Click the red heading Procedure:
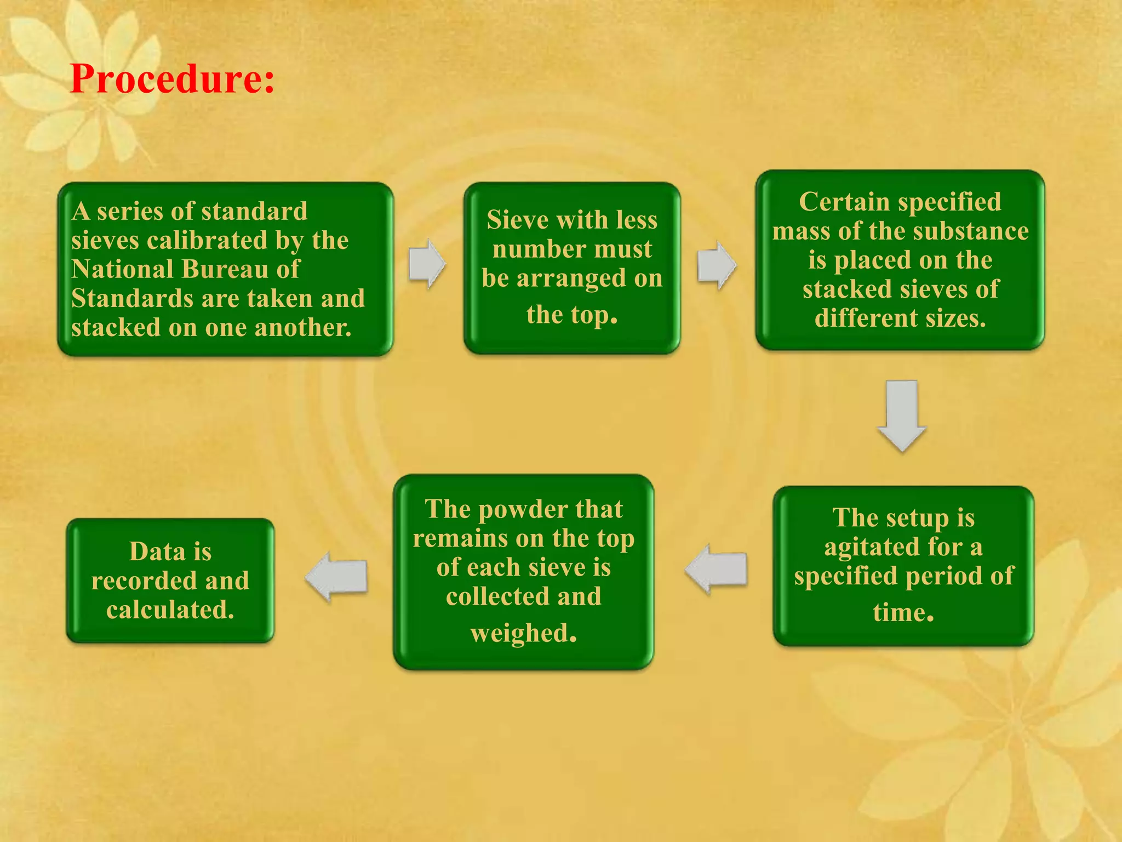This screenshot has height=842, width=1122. click(x=172, y=79)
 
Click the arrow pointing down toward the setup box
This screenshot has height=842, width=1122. click(x=902, y=415)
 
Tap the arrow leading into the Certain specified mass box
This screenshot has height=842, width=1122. click(x=717, y=265)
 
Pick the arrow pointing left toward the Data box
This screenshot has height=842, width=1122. click(x=336, y=577)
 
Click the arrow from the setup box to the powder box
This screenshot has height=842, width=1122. click(x=716, y=568)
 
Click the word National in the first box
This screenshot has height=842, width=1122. click(x=122, y=269)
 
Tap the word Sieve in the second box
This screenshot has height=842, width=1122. click(x=517, y=220)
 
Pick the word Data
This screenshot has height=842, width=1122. click(x=157, y=551)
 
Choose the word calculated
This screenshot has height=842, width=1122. click(x=170, y=610)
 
